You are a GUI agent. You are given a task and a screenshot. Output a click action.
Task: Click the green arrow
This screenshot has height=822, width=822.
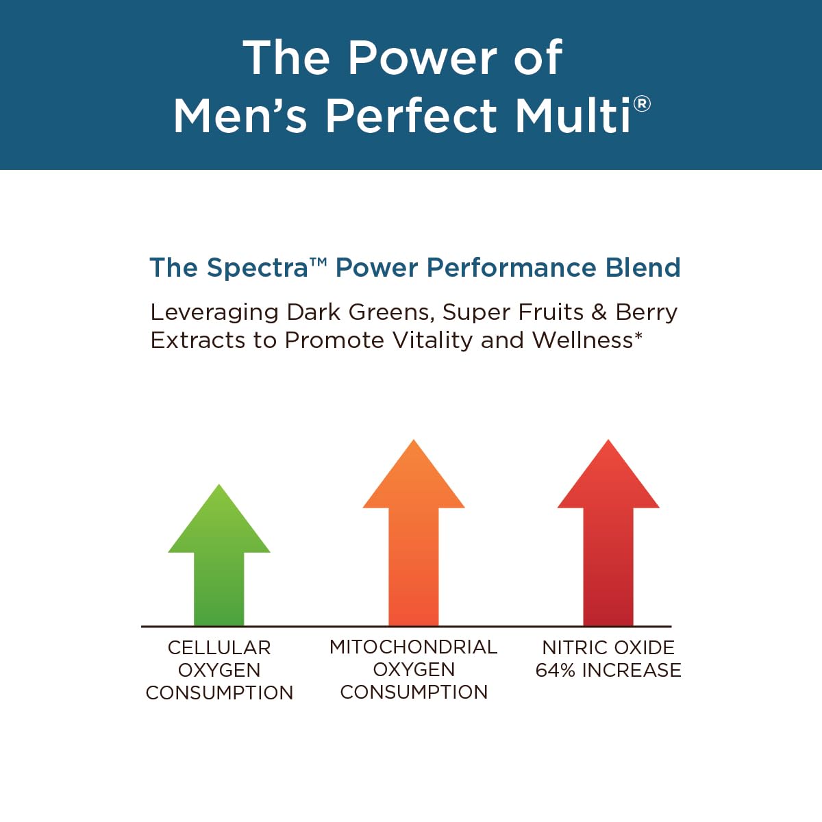click(219, 562)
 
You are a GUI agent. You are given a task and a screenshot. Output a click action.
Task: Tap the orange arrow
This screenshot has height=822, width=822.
click(414, 541)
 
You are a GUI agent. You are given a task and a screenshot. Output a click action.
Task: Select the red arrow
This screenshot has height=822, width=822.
click(608, 541)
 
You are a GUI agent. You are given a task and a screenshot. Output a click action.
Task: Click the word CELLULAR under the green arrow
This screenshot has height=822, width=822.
click(219, 647)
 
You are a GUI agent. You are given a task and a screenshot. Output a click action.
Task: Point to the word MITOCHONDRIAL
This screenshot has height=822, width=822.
click(413, 647)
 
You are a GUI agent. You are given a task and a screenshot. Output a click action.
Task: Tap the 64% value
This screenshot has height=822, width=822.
click(556, 670)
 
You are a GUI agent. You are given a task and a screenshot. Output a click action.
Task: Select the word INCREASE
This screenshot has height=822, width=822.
click(632, 670)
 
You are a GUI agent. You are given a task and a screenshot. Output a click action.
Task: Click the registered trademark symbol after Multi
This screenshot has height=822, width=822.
click(642, 104)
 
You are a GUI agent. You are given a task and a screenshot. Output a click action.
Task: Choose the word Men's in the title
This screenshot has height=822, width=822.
click(240, 115)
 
